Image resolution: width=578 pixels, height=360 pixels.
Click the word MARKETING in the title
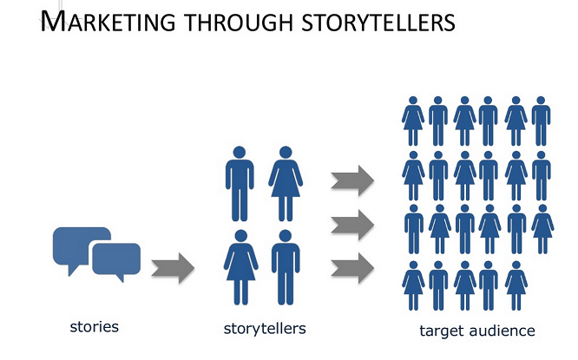coord(108,22)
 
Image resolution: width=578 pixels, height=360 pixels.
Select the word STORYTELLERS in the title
coord(378,22)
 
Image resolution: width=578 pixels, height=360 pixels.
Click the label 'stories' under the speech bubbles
coord(95,327)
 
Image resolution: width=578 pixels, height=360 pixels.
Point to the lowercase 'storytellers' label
coord(265,328)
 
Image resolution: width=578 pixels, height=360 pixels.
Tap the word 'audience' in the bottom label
coord(502,331)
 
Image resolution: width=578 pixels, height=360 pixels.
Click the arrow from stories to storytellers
coord(173,268)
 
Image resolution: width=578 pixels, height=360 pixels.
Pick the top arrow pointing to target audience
coord(352,180)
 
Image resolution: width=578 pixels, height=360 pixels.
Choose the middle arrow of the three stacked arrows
coord(352,225)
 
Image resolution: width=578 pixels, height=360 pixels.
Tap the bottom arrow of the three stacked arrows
coord(352,268)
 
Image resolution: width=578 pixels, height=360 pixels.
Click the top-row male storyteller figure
coord(240,184)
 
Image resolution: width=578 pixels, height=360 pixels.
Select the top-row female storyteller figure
coord(286,184)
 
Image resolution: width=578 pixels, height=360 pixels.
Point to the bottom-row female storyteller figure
coord(240,267)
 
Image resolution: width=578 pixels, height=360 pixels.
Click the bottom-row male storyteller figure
coord(286,267)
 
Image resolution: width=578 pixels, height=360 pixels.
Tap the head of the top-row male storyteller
coord(240,152)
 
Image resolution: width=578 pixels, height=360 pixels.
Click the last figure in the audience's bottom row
coord(516,285)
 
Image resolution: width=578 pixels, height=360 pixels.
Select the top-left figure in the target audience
coord(413,121)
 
